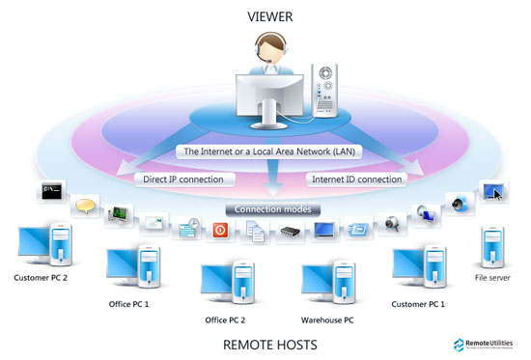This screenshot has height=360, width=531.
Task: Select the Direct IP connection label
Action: pos(182,179)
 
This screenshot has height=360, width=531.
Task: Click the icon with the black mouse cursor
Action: pos(491,193)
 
